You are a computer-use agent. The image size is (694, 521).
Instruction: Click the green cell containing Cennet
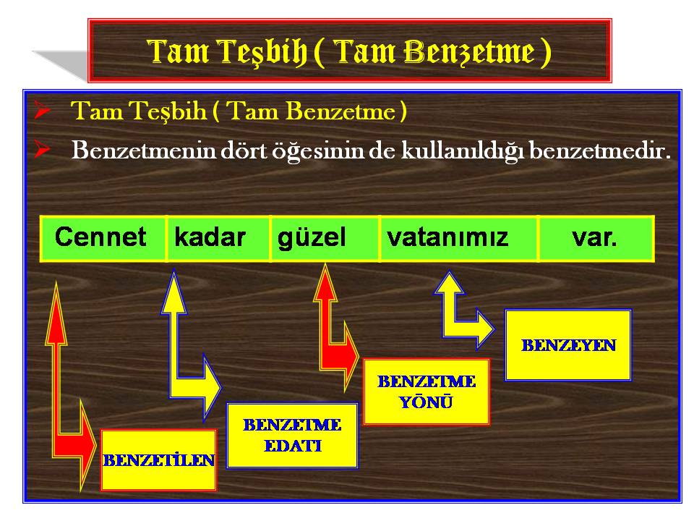(x=103, y=238)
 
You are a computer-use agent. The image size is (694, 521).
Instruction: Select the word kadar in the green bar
(x=210, y=237)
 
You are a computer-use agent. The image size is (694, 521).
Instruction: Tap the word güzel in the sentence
(x=311, y=238)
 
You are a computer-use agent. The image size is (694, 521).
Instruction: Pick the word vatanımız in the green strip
(x=447, y=237)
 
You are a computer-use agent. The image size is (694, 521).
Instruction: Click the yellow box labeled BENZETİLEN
(x=159, y=460)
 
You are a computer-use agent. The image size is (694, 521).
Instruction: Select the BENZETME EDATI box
(x=292, y=436)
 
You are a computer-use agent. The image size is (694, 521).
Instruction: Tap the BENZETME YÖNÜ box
(x=427, y=392)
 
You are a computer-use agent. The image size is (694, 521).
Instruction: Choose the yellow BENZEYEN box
(x=568, y=345)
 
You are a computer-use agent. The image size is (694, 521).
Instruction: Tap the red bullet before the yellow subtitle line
(x=43, y=110)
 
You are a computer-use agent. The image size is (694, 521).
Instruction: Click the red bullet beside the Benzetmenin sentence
(x=43, y=151)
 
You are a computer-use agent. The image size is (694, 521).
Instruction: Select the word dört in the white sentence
(x=244, y=151)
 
